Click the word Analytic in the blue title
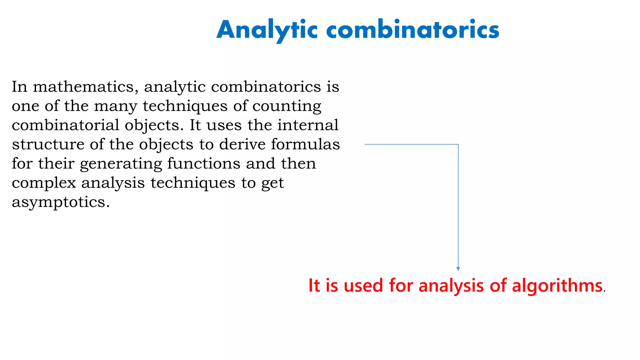coord(267,30)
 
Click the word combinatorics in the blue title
coord(412,30)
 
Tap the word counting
coord(287,106)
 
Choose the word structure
coord(48,144)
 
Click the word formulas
coord(305,144)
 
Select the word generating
coord(121,164)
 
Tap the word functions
coord(204,163)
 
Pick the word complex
coord(44,183)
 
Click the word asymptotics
coord(61,202)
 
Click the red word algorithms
coord(557,286)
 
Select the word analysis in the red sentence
coord(451,286)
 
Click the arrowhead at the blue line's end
coord(458,269)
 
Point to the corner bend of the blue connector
coord(458,144)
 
